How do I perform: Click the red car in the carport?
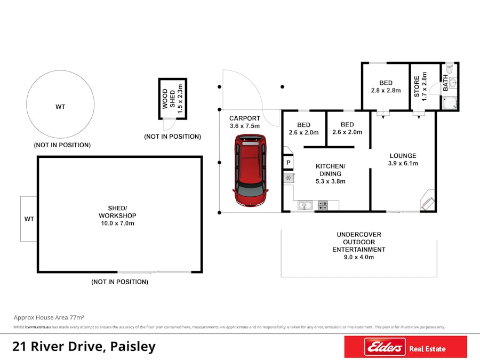[250, 171]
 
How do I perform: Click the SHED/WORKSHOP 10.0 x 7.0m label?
[117, 215]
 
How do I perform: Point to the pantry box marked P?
[289, 163]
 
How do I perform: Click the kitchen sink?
[305, 205]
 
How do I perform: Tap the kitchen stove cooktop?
[323, 205]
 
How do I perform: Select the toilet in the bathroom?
[450, 69]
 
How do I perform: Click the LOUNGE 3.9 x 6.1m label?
[403, 159]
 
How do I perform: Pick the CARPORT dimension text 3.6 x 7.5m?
[245, 126]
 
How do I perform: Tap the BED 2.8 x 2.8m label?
[386, 86]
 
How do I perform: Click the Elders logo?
[385, 347]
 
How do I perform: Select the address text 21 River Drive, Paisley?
[84, 347]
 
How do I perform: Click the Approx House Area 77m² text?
[49, 317]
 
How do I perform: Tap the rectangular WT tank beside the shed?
[28, 219]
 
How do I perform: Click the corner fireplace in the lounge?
[427, 200]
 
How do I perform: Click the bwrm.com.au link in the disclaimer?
[38, 327]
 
